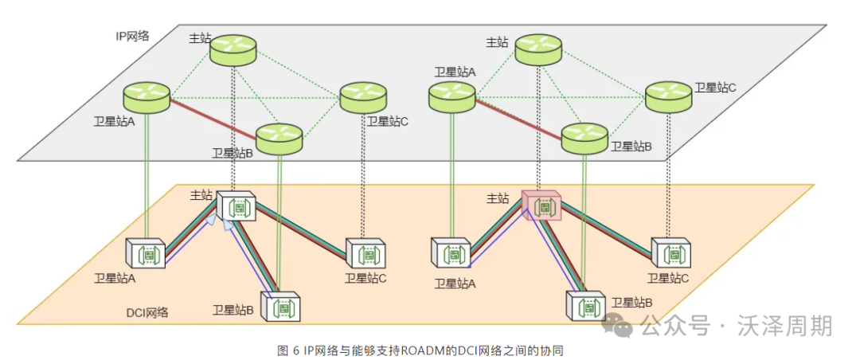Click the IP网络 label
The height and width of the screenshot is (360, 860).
(x=132, y=36)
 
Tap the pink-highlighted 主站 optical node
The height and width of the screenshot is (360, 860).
(x=542, y=205)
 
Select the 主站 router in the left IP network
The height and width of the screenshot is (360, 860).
(x=233, y=49)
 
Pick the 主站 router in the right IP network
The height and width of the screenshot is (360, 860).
(x=537, y=49)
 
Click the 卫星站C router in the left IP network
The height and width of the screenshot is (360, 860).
(x=363, y=97)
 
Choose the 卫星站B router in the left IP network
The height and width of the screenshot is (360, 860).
(x=279, y=139)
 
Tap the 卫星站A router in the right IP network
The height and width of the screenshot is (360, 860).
(x=451, y=96)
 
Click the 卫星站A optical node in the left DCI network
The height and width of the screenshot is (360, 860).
(x=146, y=253)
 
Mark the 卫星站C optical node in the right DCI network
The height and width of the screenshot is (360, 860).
(x=671, y=252)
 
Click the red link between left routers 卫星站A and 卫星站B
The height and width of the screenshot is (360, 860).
(x=212, y=117)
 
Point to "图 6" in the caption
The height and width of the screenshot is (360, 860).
(x=287, y=350)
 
